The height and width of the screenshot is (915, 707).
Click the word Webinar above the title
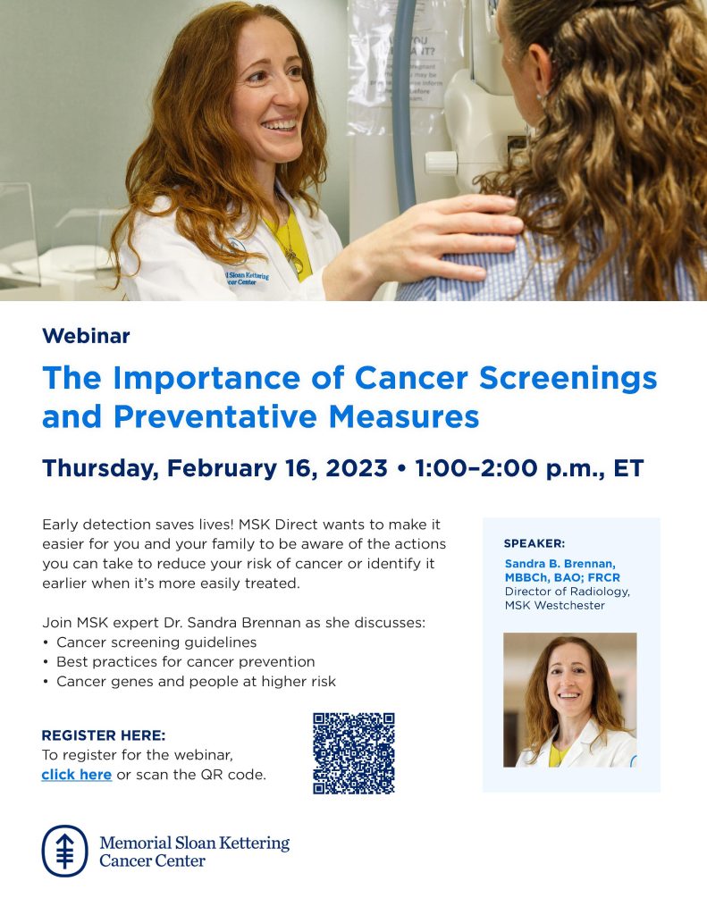[x=86, y=336]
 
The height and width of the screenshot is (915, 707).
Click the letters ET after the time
[x=627, y=468]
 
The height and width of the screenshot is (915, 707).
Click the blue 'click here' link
[x=76, y=775]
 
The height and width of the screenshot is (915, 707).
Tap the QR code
[x=353, y=752]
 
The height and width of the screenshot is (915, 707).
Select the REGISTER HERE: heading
[x=103, y=735]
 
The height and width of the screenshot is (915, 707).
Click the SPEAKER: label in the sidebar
[x=534, y=542]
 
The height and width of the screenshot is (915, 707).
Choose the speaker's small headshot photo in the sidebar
[x=569, y=700]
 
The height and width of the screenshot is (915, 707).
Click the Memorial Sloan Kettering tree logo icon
[x=64, y=851]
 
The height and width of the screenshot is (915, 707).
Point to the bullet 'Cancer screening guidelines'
[x=156, y=642]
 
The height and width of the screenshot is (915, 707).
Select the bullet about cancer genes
[x=195, y=682]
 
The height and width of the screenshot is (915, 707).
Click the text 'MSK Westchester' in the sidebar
[x=554, y=605]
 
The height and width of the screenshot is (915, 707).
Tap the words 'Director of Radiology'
[x=567, y=592]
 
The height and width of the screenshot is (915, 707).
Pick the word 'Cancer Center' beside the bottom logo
[x=152, y=861]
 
